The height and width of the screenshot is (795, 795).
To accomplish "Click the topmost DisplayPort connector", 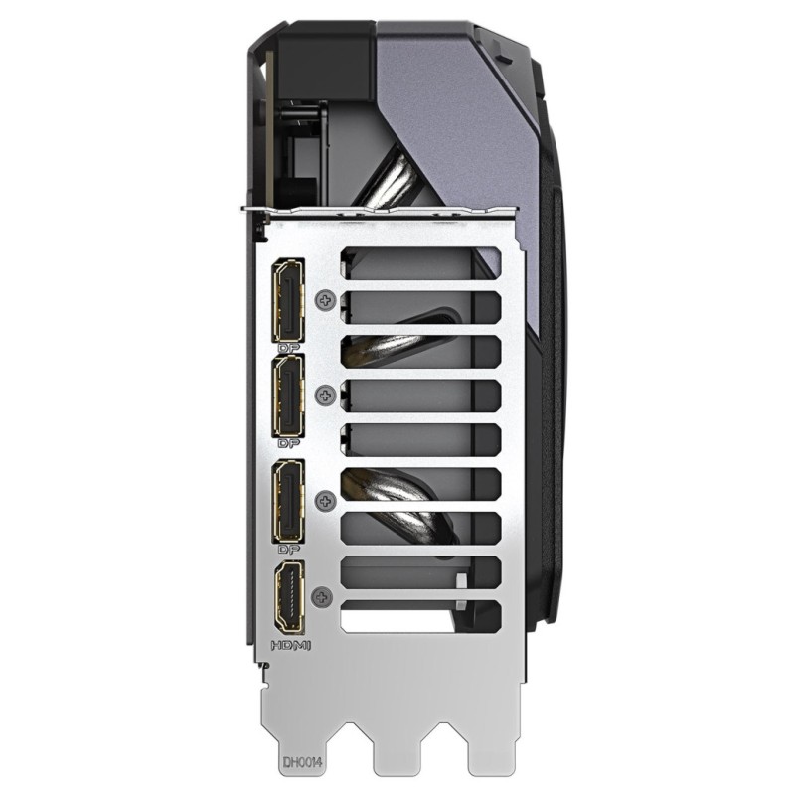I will [x=290, y=299].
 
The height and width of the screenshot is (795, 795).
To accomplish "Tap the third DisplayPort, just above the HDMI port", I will [x=290, y=499].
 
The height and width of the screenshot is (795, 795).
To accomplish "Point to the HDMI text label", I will [x=291, y=646].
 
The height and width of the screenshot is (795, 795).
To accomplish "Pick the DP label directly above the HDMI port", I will [x=289, y=549].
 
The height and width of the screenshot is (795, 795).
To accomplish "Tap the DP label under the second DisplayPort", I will [x=289, y=444].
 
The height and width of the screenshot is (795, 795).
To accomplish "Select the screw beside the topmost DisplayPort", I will [x=323, y=298].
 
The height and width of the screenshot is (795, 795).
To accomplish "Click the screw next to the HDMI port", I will [x=320, y=597].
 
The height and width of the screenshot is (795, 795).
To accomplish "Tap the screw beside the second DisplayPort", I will [x=323, y=396].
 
